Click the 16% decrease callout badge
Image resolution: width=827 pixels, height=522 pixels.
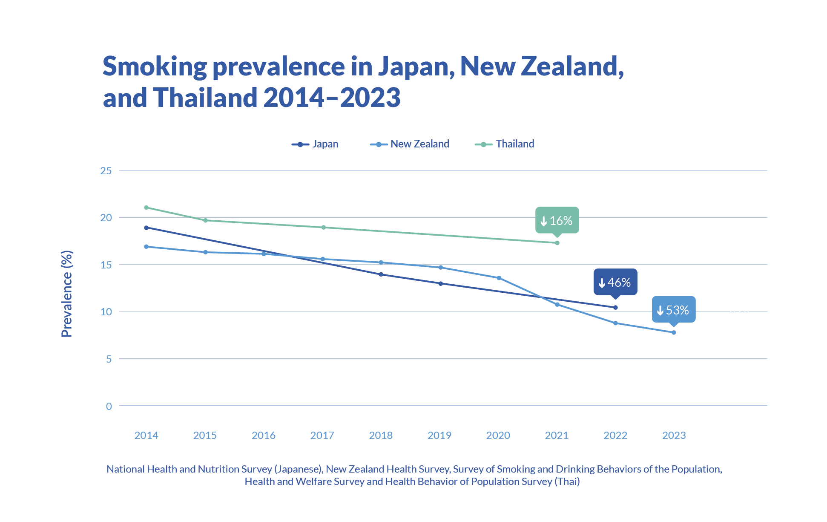tap(557, 220)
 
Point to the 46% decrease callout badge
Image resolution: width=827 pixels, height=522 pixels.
tap(615, 282)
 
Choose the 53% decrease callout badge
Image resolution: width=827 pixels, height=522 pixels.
tap(674, 310)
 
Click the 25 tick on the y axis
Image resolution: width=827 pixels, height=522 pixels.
tap(106, 171)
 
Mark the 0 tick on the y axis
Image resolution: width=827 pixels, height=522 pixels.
tap(109, 406)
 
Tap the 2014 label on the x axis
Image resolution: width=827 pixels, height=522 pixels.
tap(146, 435)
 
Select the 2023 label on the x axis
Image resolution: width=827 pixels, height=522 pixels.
tap(674, 435)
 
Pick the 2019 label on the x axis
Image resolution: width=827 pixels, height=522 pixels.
tap(439, 435)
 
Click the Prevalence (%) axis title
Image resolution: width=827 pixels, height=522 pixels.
tap(67, 294)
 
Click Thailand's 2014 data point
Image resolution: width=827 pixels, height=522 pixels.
tap(146, 208)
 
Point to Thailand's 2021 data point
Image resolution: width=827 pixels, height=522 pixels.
tap(557, 243)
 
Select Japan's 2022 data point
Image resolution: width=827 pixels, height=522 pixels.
tap(615, 307)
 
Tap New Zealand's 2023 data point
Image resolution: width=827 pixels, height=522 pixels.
tap(674, 332)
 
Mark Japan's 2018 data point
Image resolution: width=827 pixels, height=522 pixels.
tap(381, 274)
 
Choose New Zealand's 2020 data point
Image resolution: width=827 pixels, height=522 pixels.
tap(499, 278)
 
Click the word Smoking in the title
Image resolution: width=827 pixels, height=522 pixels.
tap(155, 66)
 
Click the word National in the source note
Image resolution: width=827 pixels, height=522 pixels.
tap(125, 469)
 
